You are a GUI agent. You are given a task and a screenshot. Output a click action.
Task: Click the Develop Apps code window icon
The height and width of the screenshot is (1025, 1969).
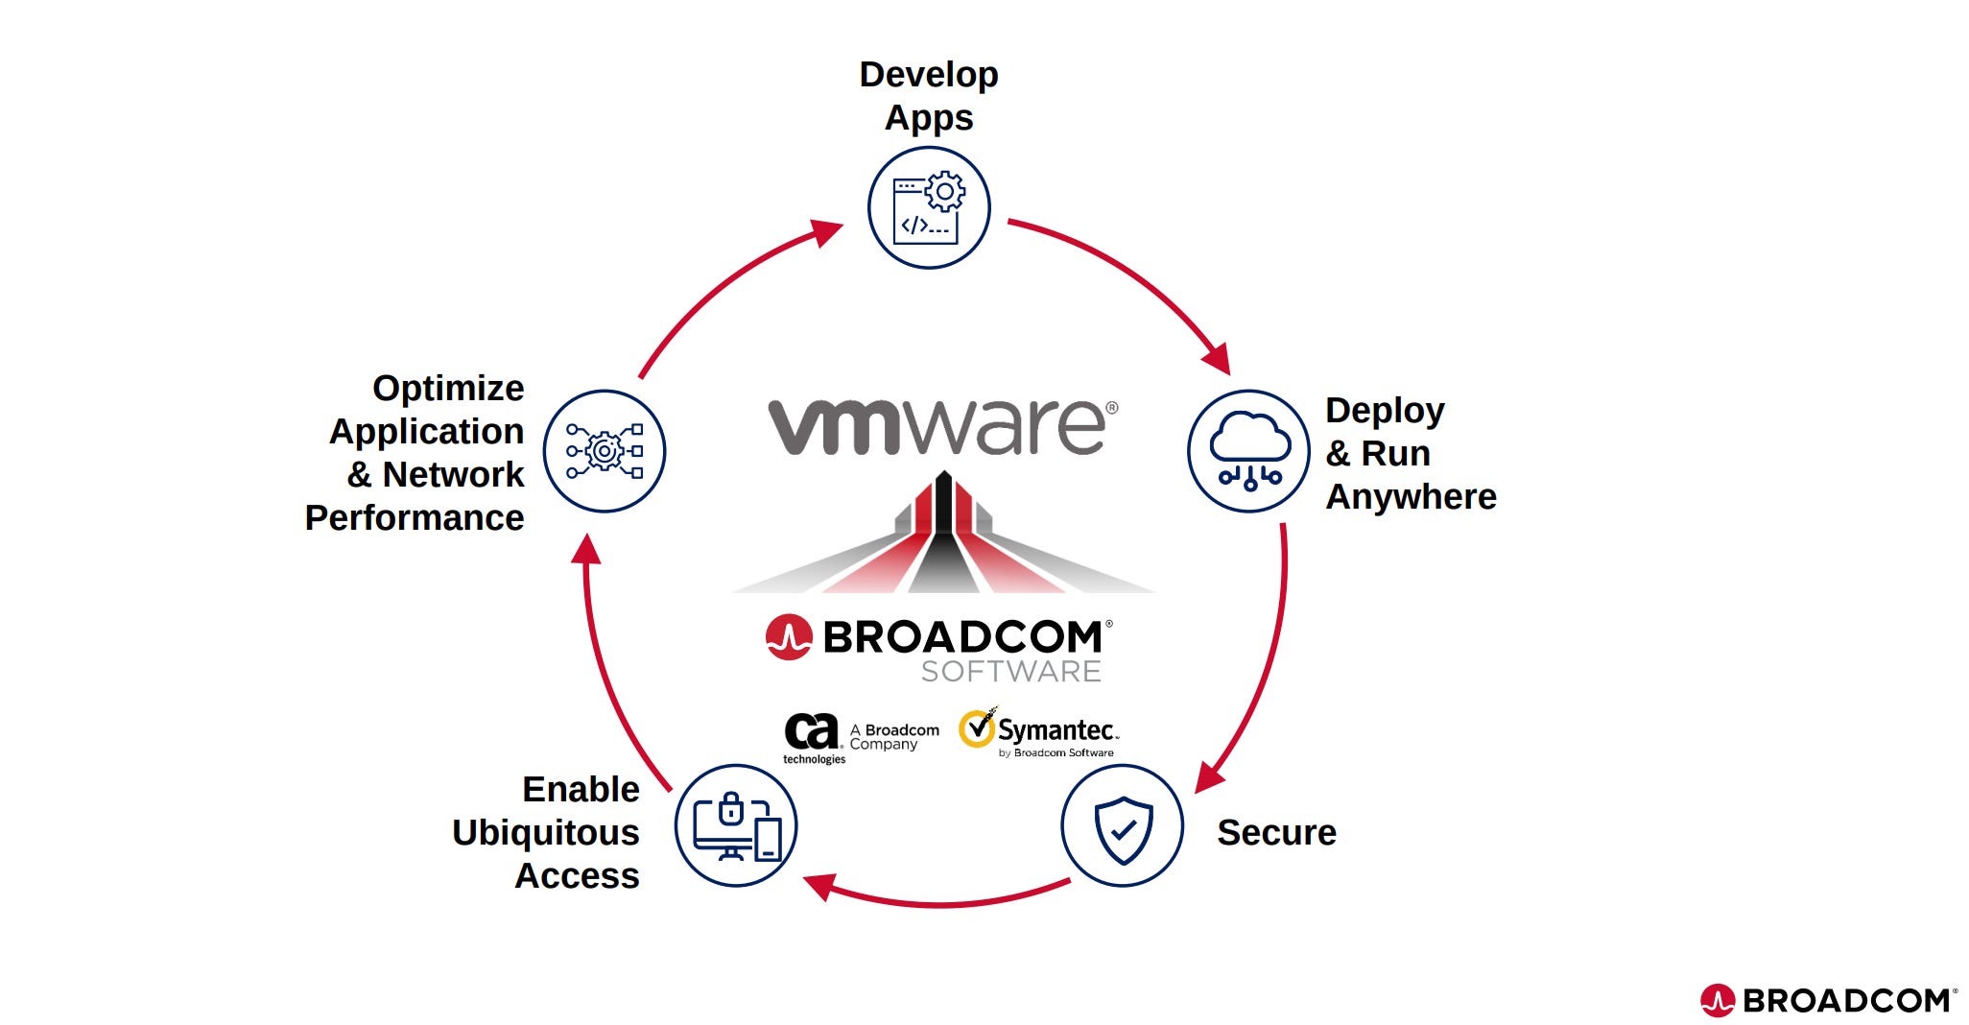928,208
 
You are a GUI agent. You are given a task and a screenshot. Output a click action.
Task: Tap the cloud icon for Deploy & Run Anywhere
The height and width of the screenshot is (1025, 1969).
1248,451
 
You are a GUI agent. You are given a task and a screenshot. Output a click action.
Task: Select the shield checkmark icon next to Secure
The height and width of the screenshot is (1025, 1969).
1122,826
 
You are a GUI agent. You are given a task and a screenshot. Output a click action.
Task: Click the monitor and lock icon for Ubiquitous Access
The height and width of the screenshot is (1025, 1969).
736,826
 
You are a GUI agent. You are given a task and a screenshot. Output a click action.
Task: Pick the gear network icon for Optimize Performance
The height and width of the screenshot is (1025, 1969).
605,451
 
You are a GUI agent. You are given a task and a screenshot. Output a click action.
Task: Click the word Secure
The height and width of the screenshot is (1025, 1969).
1276,833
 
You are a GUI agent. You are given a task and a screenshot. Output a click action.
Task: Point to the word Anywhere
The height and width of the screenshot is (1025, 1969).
1411,497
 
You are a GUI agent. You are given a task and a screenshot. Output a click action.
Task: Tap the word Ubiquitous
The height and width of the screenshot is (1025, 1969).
545,833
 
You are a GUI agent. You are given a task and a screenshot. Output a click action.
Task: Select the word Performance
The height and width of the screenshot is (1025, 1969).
415,518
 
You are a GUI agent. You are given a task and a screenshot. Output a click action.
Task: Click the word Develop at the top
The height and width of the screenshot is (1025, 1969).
928,75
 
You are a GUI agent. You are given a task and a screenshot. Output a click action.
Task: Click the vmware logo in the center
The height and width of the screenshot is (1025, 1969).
942,426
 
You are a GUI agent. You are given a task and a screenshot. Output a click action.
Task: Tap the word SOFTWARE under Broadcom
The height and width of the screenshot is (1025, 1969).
1010,672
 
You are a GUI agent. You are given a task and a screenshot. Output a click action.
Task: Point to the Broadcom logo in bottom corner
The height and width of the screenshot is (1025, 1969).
1828,1000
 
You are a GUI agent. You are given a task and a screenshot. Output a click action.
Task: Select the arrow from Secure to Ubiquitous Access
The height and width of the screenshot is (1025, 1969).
940,903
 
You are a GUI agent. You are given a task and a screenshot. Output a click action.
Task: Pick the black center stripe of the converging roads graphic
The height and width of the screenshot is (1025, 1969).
943,537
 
